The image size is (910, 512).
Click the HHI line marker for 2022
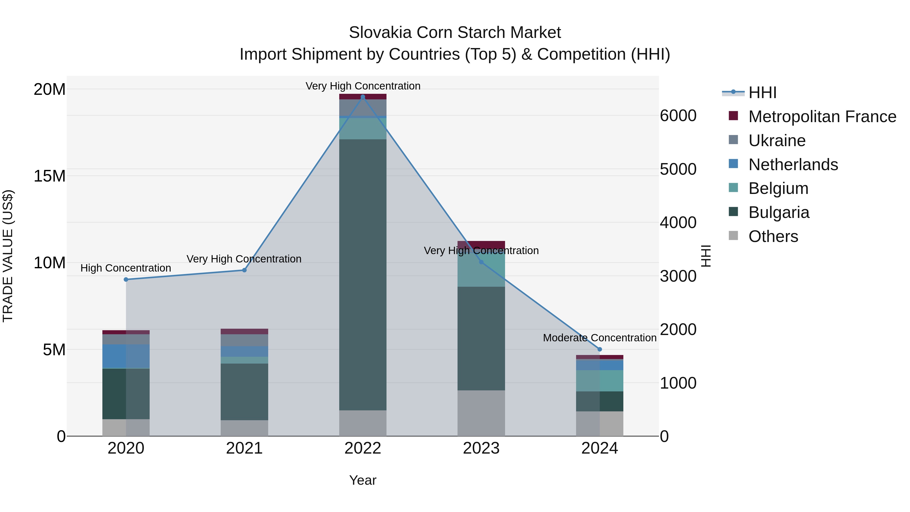[362, 97]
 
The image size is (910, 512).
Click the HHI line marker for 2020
[126, 279]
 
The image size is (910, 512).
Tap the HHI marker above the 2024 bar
[600, 349]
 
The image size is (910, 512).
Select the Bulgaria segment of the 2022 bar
[362, 275]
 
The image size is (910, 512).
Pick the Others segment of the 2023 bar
[481, 413]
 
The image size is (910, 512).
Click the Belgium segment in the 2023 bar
[481, 270]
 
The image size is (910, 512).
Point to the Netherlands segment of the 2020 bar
[126, 356]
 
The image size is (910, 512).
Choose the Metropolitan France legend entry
[822, 117]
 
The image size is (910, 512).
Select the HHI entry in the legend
[762, 93]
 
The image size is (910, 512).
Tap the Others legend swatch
[733, 236]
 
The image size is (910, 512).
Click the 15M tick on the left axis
[50, 176]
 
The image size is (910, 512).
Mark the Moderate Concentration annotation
[600, 338]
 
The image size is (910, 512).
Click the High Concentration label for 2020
[126, 268]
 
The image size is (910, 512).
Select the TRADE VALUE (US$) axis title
[8, 256]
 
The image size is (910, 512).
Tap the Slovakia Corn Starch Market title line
[455, 33]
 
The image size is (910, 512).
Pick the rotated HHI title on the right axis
[706, 256]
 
